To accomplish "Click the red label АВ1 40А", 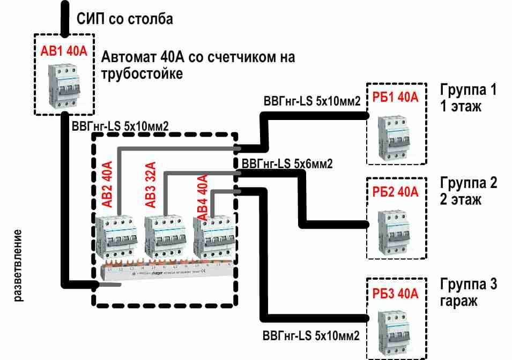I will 63,51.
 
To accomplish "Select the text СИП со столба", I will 124,20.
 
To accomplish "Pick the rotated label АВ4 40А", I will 202,196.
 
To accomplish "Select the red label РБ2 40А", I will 396,192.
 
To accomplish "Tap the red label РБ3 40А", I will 396,292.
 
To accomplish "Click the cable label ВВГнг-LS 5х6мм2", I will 287,164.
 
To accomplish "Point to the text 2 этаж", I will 461,200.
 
